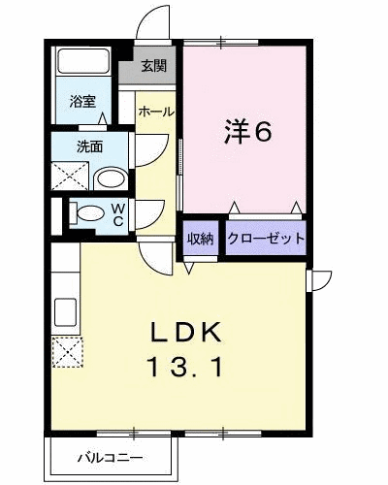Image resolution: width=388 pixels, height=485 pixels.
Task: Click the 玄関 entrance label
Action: click(152, 66)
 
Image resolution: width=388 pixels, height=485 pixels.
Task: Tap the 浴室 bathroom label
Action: click(81, 101)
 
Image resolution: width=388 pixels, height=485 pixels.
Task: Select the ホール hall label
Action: click(155, 112)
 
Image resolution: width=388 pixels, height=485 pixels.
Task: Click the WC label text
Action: click(115, 214)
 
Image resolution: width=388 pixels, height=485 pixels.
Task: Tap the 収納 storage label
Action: click(201, 239)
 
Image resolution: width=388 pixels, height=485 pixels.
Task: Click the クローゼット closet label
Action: click(267, 239)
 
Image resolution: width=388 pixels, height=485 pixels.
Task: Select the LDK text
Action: click(190, 334)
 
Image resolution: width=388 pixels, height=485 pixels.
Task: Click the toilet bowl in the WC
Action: click(88, 213)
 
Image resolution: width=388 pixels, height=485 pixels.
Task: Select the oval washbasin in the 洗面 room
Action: click(113, 178)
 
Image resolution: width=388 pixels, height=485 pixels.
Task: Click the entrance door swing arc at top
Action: click(151, 21)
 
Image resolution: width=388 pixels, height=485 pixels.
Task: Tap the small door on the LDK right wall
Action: click(316, 278)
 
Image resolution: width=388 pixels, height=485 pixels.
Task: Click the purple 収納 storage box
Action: click(201, 239)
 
